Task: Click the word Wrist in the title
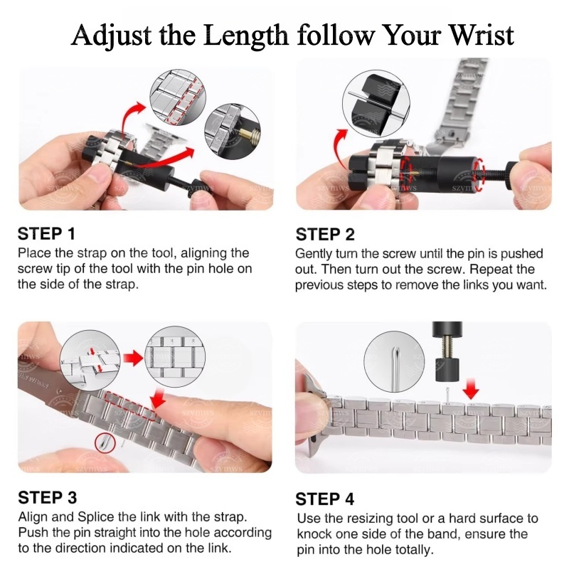pos(482,35)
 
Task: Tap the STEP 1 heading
pos(46,234)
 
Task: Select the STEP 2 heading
pos(325,235)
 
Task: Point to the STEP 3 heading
pos(48,497)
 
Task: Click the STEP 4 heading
pos(325,499)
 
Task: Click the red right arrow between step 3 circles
pos(134,358)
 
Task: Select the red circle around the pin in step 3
pos(105,443)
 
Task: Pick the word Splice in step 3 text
pos(97,518)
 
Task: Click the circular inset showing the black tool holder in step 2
pos(376,103)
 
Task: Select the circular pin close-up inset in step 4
pos(395,361)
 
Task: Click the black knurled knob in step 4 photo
pos(447,369)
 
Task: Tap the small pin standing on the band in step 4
pos(447,395)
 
